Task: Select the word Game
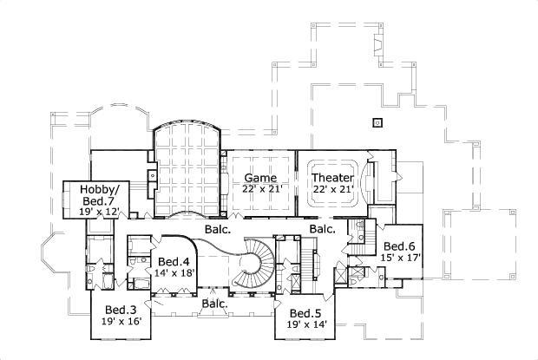[x=259, y=178]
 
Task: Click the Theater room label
[x=333, y=178]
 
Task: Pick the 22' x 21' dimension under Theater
[x=333, y=190]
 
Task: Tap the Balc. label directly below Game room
[x=217, y=230]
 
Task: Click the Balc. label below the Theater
[x=323, y=229]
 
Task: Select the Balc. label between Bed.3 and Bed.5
[x=215, y=304]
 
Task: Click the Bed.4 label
[x=174, y=261]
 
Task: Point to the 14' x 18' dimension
[x=174, y=273]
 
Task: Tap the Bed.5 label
[x=305, y=313]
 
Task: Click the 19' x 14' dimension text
[x=305, y=325]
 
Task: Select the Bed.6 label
[x=400, y=245]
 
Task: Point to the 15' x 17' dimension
[x=400, y=258]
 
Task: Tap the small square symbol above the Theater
[x=377, y=122]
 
